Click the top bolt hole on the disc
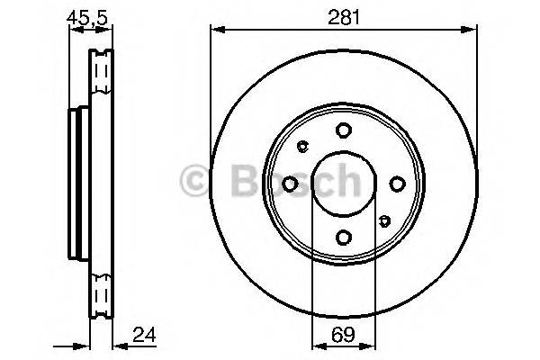tap(343, 130)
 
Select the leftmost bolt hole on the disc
tap(290, 184)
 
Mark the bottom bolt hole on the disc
tap(343, 238)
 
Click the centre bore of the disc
tap(343, 184)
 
